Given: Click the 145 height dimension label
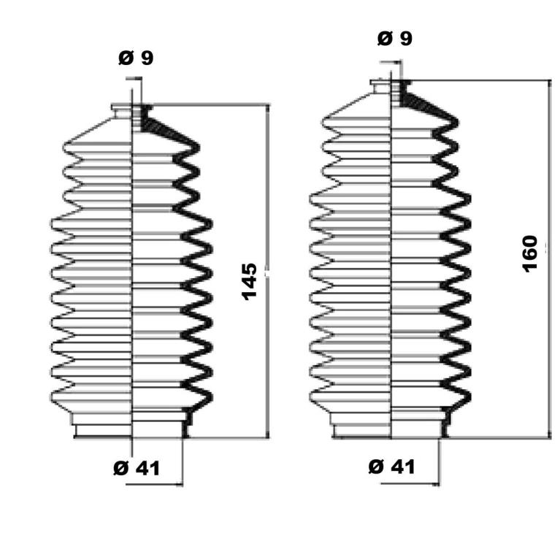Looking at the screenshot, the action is tap(250, 281).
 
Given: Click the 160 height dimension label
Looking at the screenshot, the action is tap(530, 254).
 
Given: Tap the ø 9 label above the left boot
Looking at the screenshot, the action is tap(136, 58).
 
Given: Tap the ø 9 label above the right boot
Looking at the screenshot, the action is tap(395, 39).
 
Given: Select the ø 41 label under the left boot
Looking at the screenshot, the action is tap(137, 468).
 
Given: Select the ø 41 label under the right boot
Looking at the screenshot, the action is tap(392, 467).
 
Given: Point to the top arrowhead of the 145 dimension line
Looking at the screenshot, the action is tap(268, 108).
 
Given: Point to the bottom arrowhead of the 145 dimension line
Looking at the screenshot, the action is tap(268, 433).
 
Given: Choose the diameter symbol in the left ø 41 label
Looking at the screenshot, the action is tap(120, 469).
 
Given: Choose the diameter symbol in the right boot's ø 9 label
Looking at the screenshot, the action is tap(385, 39).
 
